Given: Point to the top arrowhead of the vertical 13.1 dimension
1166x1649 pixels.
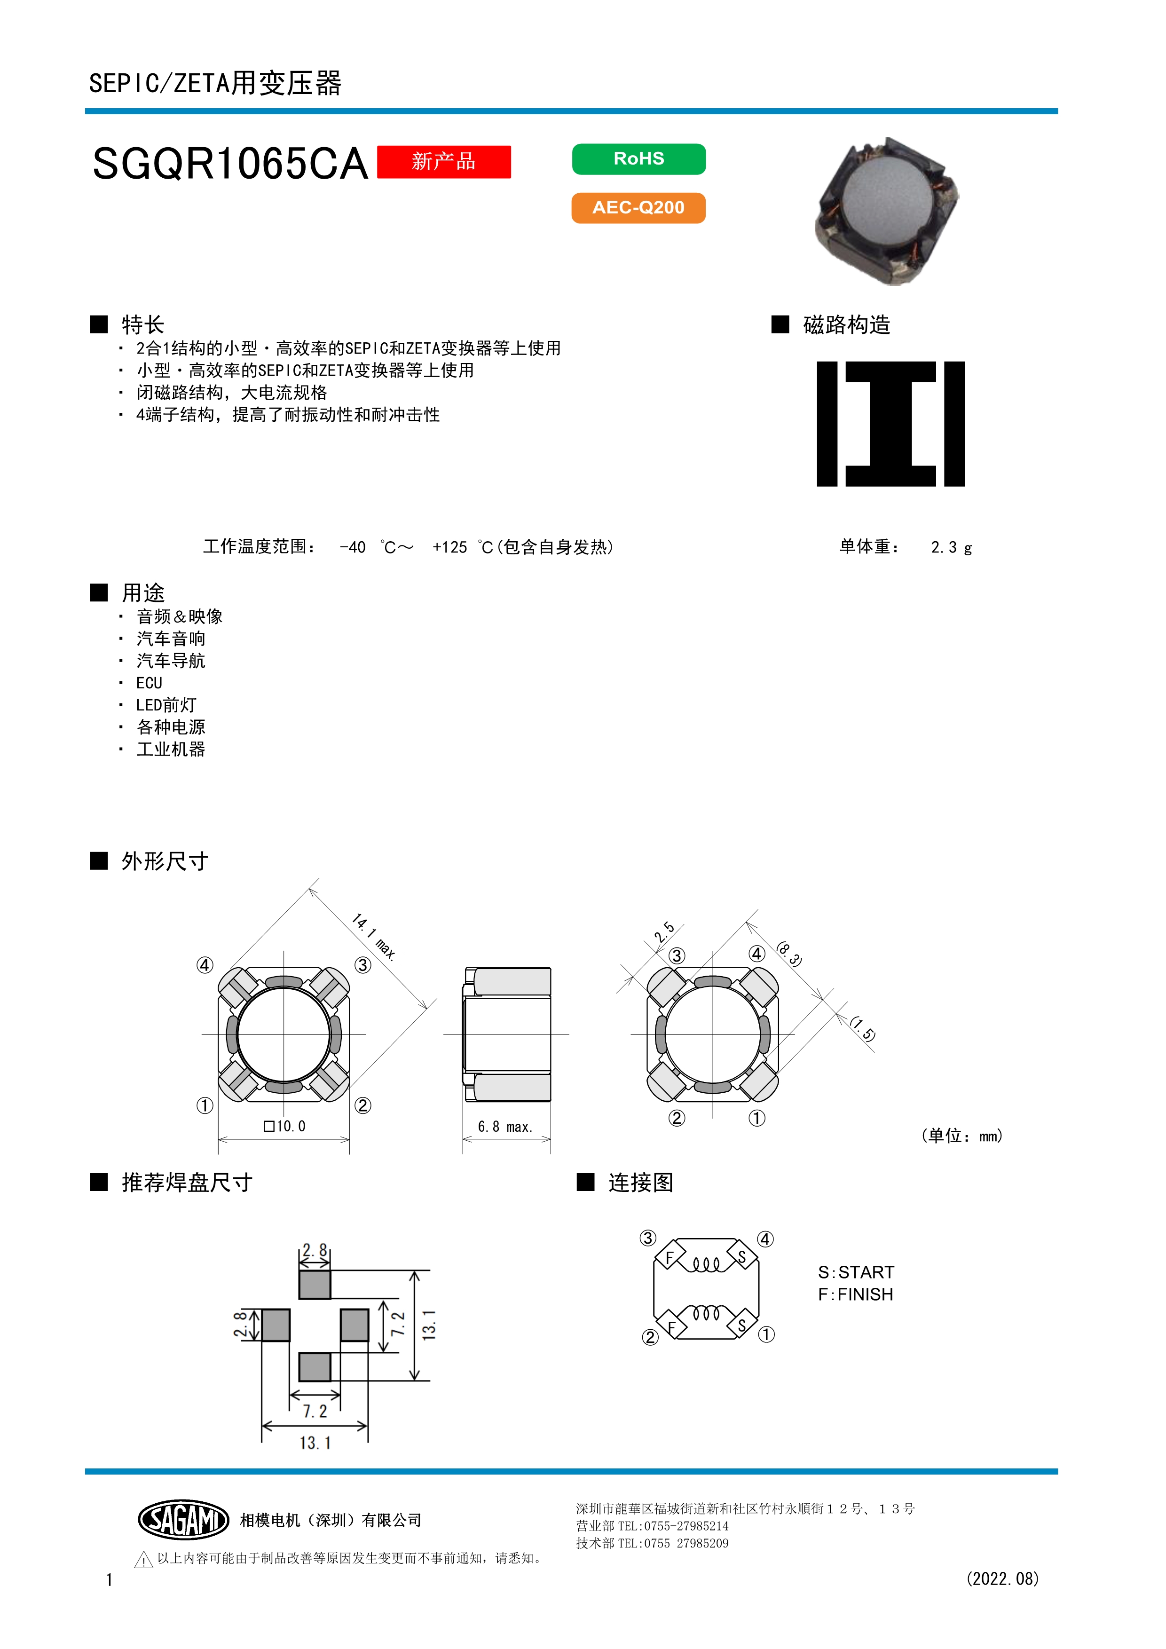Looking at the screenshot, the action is (x=414, y=1276).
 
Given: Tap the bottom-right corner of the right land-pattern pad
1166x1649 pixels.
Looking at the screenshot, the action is (x=368, y=1341).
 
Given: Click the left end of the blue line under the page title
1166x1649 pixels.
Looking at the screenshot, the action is (x=86, y=111).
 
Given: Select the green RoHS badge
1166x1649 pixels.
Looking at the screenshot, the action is (x=638, y=159).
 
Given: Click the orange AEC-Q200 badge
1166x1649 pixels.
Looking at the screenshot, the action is (x=638, y=207).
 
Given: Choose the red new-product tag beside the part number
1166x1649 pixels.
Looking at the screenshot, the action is (x=444, y=162).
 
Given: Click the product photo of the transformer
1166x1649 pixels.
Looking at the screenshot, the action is (x=887, y=211).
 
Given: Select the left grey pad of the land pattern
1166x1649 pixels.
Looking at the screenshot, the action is (x=276, y=1325).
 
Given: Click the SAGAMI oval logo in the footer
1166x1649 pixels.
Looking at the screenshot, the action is (x=183, y=1519).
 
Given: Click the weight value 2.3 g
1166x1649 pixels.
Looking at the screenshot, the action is (x=951, y=547).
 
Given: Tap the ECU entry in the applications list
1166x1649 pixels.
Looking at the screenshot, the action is (x=150, y=683).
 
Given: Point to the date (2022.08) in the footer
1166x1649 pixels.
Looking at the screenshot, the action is (x=1002, y=1578).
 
